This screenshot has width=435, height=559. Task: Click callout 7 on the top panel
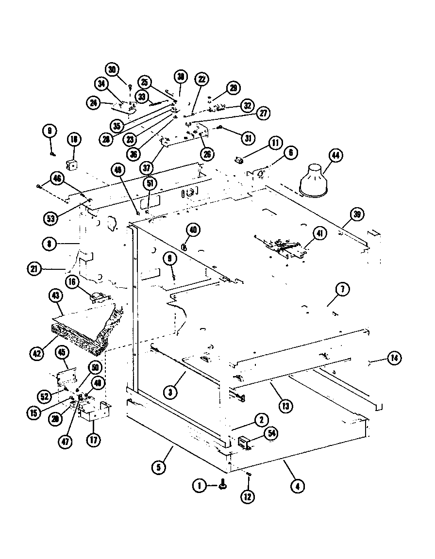pyautogui.click(x=342, y=290)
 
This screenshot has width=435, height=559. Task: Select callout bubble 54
pyautogui.click(x=271, y=434)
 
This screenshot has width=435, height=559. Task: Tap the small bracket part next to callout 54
pyautogui.click(x=245, y=442)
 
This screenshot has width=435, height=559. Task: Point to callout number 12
pyautogui.click(x=249, y=497)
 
